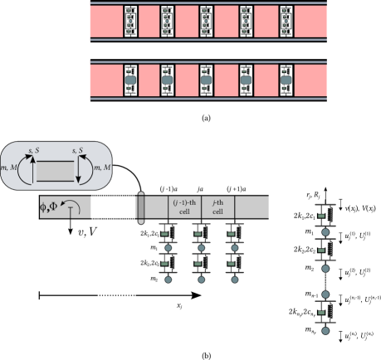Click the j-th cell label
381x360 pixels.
click(x=217, y=207)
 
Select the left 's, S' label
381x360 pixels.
click(x=34, y=150)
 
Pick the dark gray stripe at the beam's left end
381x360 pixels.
click(x=140, y=207)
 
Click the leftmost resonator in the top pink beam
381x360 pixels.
click(x=129, y=22)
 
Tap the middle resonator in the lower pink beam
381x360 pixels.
click(x=208, y=80)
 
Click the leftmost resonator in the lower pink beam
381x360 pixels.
click(x=129, y=80)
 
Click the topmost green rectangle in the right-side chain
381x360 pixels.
click(x=321, y=217)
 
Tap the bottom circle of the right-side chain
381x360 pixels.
click(x=325, y=330)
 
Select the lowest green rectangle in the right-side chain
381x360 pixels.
click(x=321, y=312)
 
